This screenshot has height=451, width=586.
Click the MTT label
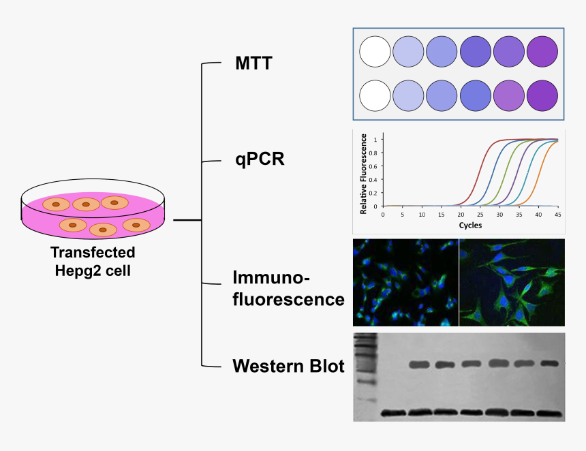click(x=253, y=64)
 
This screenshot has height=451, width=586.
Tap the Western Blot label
click(x=288, y=366)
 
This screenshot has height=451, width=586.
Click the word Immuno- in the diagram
click(x=271, y=278)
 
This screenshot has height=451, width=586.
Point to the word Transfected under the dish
click(x=93, y=252)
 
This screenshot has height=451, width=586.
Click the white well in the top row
click(x=374, y=51)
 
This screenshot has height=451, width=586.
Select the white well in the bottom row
click(x=374, y=96)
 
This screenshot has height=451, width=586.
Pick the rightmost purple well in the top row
click(x=542, y=51)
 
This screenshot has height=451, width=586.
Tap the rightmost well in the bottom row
click(x=542, y=96)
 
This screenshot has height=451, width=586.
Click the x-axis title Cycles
click(x=470, y=225)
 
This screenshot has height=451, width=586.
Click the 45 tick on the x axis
click(x=558, y=214)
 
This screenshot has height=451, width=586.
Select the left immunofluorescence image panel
click(x=405, y=282)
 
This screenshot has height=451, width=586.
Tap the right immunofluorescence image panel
click(x=512, y=282)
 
